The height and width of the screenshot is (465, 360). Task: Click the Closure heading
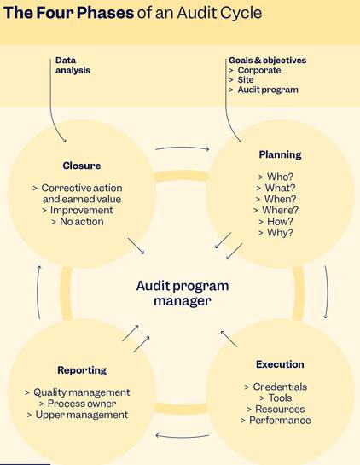(82, 166)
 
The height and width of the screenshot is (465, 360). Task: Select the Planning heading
(280, 154)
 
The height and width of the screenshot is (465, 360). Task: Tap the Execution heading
(280, 364)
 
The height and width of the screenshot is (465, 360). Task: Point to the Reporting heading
(82, 370)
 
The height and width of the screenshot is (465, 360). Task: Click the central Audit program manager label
(183, 294)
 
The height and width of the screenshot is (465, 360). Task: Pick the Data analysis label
(73, 65)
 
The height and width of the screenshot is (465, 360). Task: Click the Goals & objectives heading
(268, 61)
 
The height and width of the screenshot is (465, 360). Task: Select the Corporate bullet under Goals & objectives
(258, 70)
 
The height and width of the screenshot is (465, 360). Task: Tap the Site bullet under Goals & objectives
(245, 79)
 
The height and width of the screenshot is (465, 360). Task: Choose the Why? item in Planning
(280, 232)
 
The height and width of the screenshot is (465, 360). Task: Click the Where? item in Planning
(280, 210)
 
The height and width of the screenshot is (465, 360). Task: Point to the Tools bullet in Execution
(280, 398)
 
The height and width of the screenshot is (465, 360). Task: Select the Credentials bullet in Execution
(280, 387)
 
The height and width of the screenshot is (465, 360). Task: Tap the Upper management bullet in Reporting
(82, 415)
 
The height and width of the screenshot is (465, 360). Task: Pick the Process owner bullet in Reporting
(82, 404)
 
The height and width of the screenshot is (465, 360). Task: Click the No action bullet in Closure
(82, 222)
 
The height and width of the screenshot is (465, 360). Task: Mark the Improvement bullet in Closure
(82, 210)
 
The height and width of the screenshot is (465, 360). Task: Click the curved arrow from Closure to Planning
(183, 148)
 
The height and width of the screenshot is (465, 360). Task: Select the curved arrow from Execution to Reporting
(183, 437)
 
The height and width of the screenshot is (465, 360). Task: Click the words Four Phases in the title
(84, 13)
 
